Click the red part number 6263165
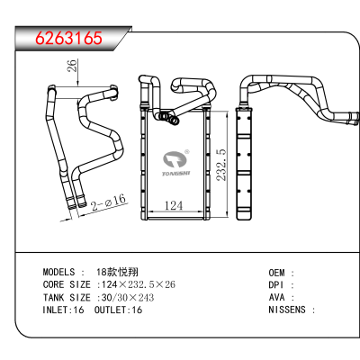[x=69, y=38]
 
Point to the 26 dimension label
[x=73, y=66]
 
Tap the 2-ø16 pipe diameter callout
[x=108, y=202]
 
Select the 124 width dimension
[x=174, y=205]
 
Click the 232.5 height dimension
[x=221, y=165]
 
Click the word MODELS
[x=58, y=272]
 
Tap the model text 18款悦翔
[x=117, y=272]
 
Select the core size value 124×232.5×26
[x=139, y=284]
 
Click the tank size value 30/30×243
[x=128, y=297]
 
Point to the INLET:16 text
[x=63, y=310]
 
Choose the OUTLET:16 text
[x=118, y=310]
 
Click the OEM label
[x=276, y=273]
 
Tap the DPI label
[x=276, y=285]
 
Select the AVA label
[x=276, y=297]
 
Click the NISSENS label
[x=287, y=310]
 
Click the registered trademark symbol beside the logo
[x=187, y=152]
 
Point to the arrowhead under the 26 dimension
[x=78, y=84]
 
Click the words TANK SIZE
[x=67, y=297]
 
